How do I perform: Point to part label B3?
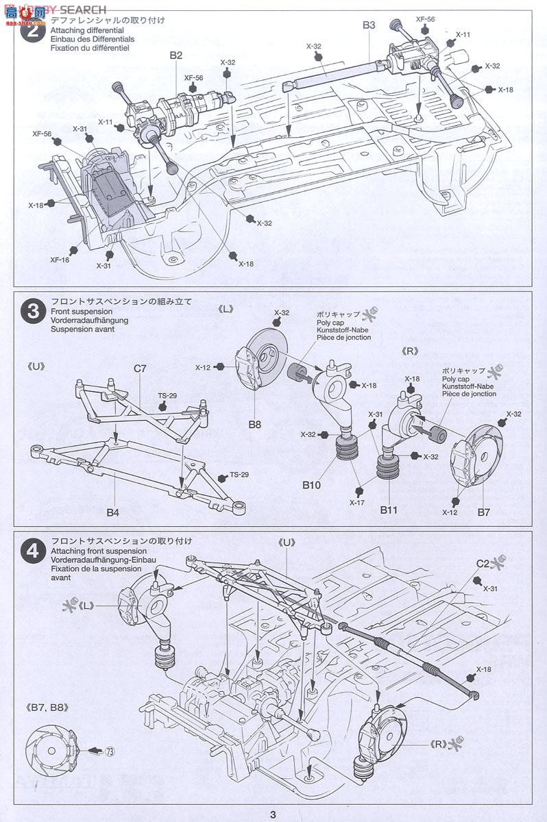tap(369, 25)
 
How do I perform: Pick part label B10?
tap(312, 485)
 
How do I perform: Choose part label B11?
tap(389, 510)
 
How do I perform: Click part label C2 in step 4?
tap(483, 564)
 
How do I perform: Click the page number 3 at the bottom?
tap(273, 814)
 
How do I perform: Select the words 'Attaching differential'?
tap(86, 31)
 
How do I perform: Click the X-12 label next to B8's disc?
tap(202, 368)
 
